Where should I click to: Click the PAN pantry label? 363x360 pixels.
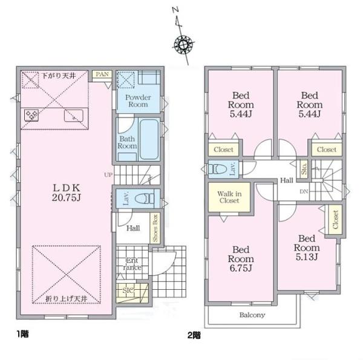click(102, 74)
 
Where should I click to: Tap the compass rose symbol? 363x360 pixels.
click(183, 44)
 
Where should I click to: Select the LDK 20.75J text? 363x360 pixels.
click(67, 192)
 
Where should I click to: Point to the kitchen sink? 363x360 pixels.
click(74, 116)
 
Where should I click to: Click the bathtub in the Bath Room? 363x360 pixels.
click(149, 139)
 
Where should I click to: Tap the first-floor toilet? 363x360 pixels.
click(145, 198)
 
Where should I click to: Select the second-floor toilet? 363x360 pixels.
click(217, 169)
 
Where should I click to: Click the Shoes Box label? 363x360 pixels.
click(155, 228)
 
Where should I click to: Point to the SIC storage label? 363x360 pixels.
click(128, 290)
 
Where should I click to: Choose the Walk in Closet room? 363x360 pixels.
click(229, 197)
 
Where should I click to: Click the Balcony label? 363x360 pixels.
click(252, 315)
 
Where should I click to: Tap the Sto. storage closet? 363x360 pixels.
click(304, 169)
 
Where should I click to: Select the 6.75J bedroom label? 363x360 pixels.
click(241, 259)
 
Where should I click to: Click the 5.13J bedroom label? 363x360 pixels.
click(307, 247)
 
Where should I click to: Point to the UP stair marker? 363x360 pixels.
click(108, 175)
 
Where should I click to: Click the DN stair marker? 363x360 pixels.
click(304, 191)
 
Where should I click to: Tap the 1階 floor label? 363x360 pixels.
click(22, 334)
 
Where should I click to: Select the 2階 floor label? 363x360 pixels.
click(194, 335)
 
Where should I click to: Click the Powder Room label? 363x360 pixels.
click(138, 100)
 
